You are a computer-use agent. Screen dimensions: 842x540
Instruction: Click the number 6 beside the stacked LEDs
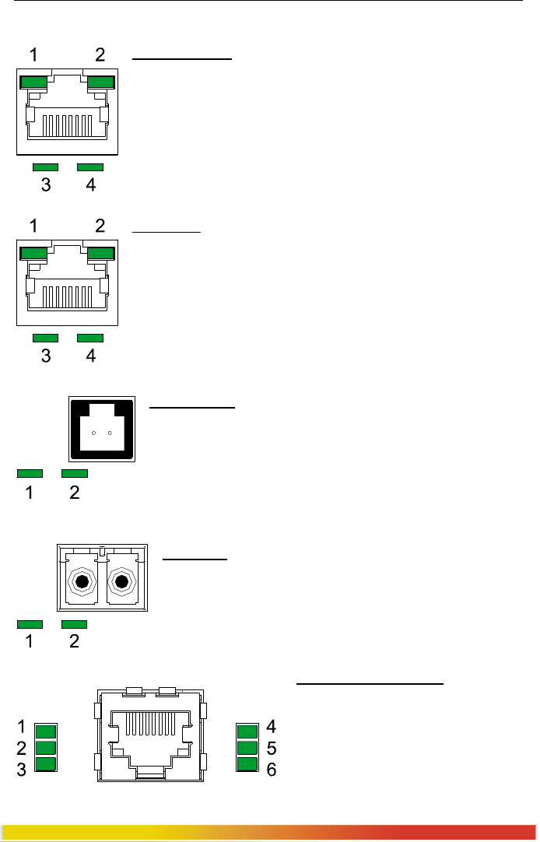click(272, 770)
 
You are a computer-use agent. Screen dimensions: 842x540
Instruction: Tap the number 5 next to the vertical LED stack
click(272, 749)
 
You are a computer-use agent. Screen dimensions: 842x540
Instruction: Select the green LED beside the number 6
click(247, 764)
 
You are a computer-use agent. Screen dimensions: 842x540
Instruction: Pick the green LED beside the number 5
click(247, 748)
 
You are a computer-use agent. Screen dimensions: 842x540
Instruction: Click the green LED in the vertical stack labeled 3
click(47, 764)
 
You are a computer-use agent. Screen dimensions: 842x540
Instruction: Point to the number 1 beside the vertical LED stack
click(22, 727)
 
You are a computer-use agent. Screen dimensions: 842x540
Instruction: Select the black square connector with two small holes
click(103, 428)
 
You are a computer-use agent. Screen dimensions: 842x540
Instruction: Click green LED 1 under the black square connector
click(30, 472)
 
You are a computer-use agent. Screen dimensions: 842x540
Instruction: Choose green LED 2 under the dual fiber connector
click(75, 624)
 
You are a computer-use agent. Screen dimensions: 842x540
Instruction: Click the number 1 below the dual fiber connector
click(30, 643)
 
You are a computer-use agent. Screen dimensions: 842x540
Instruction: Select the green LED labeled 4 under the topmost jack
click(90, 167)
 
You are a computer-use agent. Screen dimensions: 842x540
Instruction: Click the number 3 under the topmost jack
click(46, 185)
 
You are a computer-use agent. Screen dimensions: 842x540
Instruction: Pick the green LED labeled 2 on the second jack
click(101, 252)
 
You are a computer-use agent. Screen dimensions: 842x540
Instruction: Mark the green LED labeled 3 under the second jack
click(46, 338)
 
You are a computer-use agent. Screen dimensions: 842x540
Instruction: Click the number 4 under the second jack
click(90, 356)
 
